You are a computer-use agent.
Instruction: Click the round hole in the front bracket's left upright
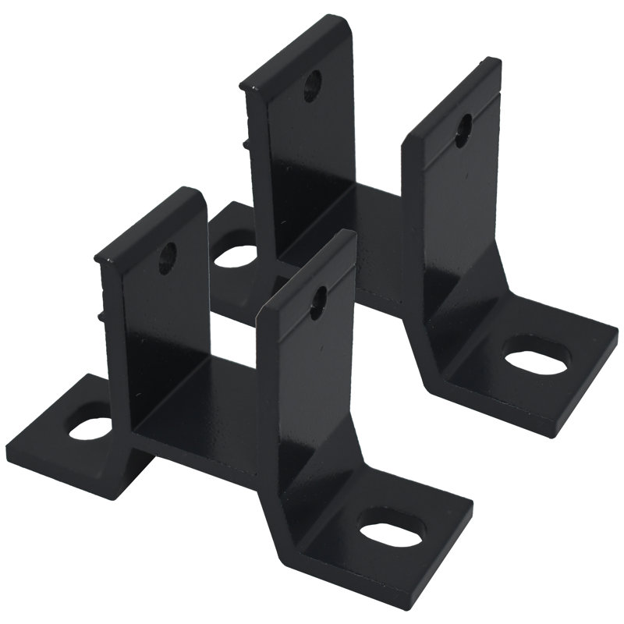[x=168, y=255]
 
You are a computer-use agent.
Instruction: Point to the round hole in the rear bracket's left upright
[x=311, y=83]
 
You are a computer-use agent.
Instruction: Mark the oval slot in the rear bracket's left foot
[x=235, y=255]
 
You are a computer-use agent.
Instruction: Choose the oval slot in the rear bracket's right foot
[x=535, y=356]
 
